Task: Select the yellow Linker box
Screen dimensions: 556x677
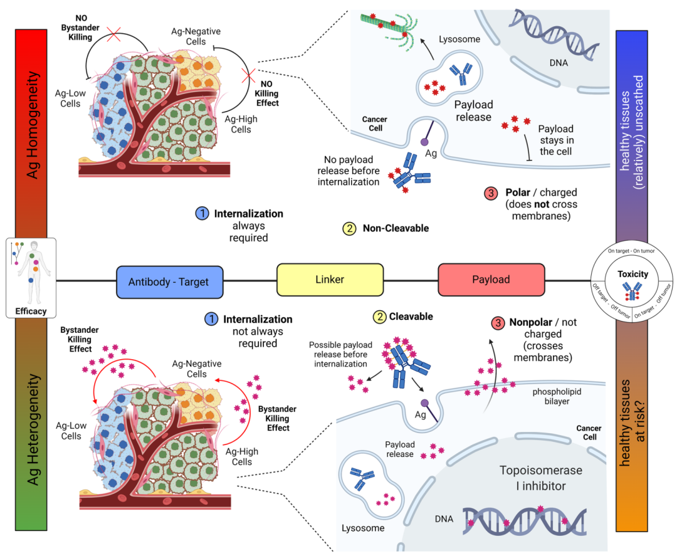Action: coord(330,280)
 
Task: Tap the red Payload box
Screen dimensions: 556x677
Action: coord(491,280)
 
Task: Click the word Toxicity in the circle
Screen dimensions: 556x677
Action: coord(632,274)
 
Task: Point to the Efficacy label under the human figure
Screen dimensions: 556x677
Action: coord(31,311)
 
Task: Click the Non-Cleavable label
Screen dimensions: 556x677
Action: coord(396,229)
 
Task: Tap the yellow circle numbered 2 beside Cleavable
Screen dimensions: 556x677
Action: coord(380,317)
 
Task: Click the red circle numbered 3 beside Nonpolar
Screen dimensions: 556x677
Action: coord(498,324)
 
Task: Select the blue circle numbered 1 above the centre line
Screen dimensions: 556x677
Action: coord(202,214)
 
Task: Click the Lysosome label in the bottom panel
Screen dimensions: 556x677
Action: coord(363,528)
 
